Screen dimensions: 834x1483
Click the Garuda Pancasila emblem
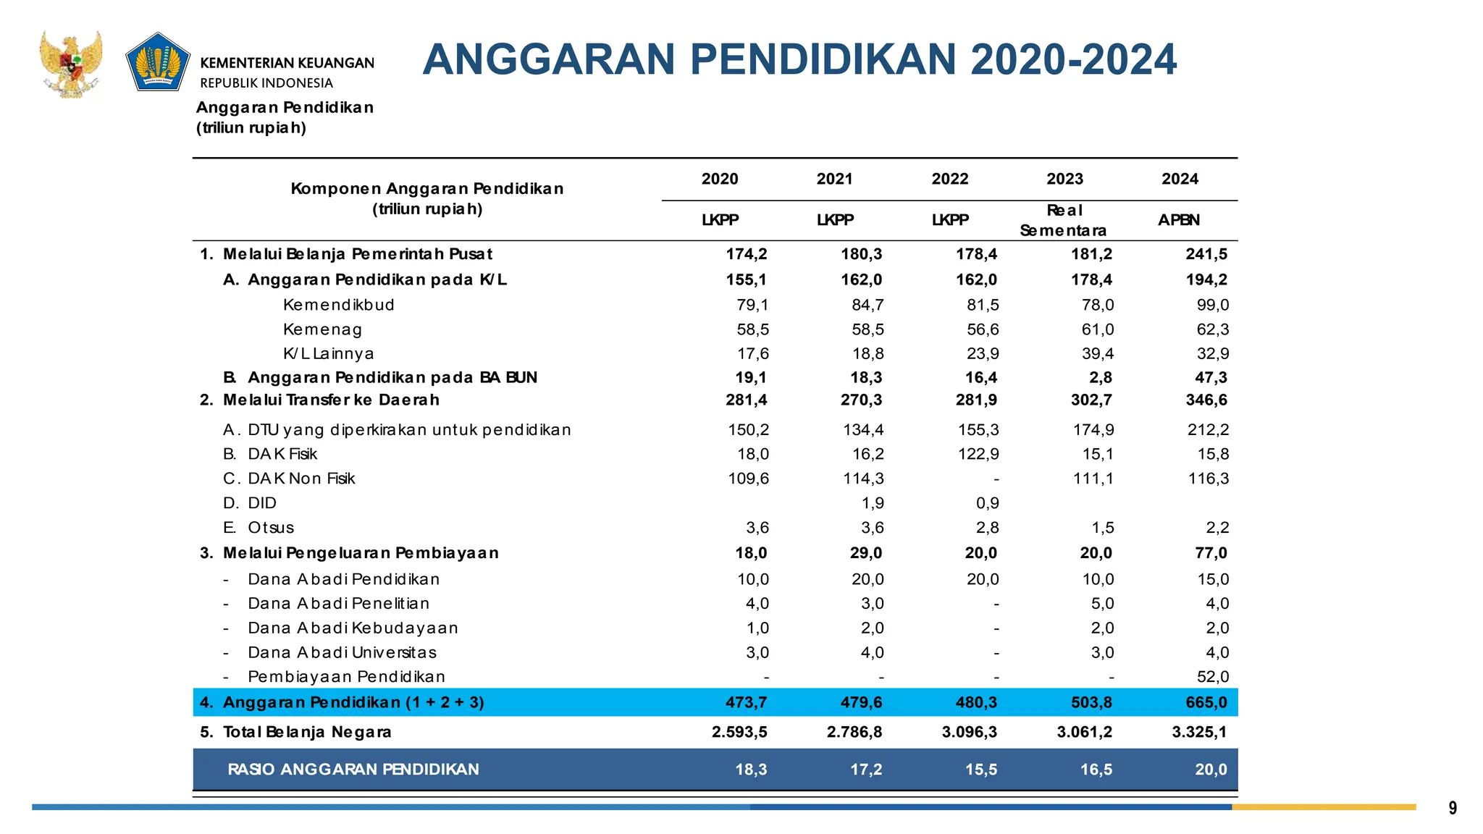pos(71,64)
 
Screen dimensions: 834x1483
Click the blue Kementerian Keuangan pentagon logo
pos(158,62)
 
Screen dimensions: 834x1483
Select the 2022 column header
pos(949,179)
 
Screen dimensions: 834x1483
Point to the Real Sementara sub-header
pos(1063,220)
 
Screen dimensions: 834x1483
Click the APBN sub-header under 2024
pos(1178,220)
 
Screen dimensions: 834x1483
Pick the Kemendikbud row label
pos(338,305)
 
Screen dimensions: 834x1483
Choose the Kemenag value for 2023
pos(1097,329)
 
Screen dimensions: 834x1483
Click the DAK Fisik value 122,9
pos(978,454)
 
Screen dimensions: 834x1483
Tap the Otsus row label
pos(270,528)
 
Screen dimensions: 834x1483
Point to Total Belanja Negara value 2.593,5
pos(739,732)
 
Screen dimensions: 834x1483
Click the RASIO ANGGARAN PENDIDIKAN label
pos(353,770)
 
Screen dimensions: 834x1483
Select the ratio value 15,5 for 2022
pos(980,770)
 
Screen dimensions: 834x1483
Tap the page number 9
pos(1452,808)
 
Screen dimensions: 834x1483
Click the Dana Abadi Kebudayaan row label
pos(353,628)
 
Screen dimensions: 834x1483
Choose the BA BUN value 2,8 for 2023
pos(1100,377)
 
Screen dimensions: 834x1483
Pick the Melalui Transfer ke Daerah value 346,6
pos(1206,400)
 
